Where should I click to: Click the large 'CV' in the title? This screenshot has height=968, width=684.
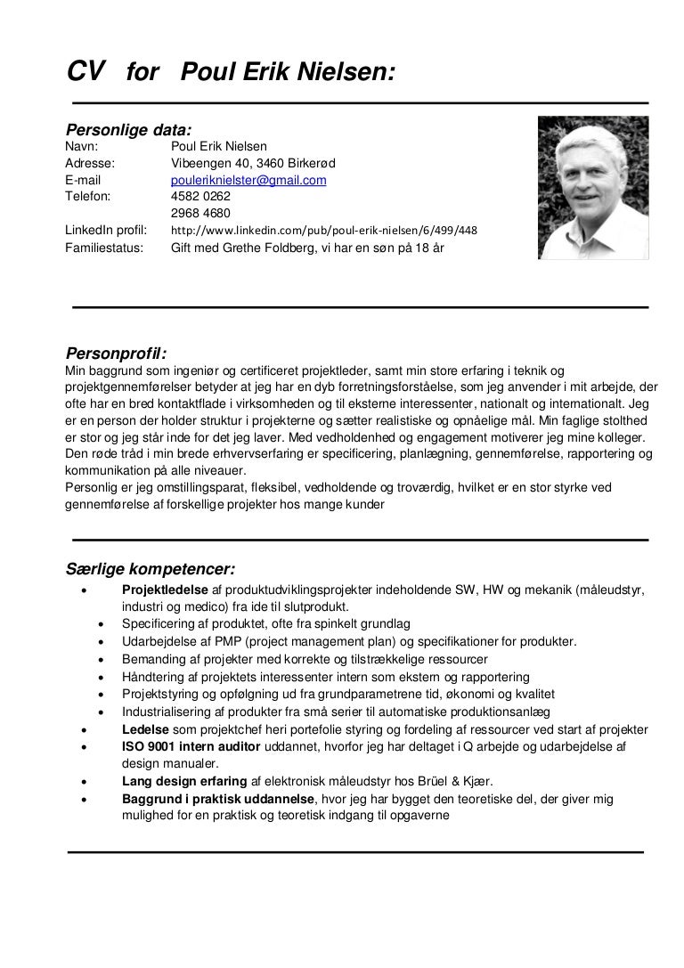[86, 70]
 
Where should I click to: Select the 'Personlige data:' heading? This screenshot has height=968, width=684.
[129, 130]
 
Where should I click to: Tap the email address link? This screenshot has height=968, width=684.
[248, 180]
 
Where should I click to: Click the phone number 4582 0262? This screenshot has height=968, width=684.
[200, 196]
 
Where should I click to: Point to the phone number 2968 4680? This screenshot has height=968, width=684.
[200, 213]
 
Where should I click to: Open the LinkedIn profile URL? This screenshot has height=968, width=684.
[324, 231]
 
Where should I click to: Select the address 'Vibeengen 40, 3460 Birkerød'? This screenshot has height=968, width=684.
[253, 163]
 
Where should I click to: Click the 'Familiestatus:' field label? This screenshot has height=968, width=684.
[104, 248]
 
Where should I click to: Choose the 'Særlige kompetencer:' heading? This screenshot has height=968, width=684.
[151, 568]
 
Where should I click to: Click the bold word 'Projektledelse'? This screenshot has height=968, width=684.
[166, 590]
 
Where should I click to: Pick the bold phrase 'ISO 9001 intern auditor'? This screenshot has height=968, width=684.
[192, 746]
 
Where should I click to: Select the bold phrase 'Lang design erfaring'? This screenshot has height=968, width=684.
[184, 782]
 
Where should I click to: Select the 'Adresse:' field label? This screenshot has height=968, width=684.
[92, 163]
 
